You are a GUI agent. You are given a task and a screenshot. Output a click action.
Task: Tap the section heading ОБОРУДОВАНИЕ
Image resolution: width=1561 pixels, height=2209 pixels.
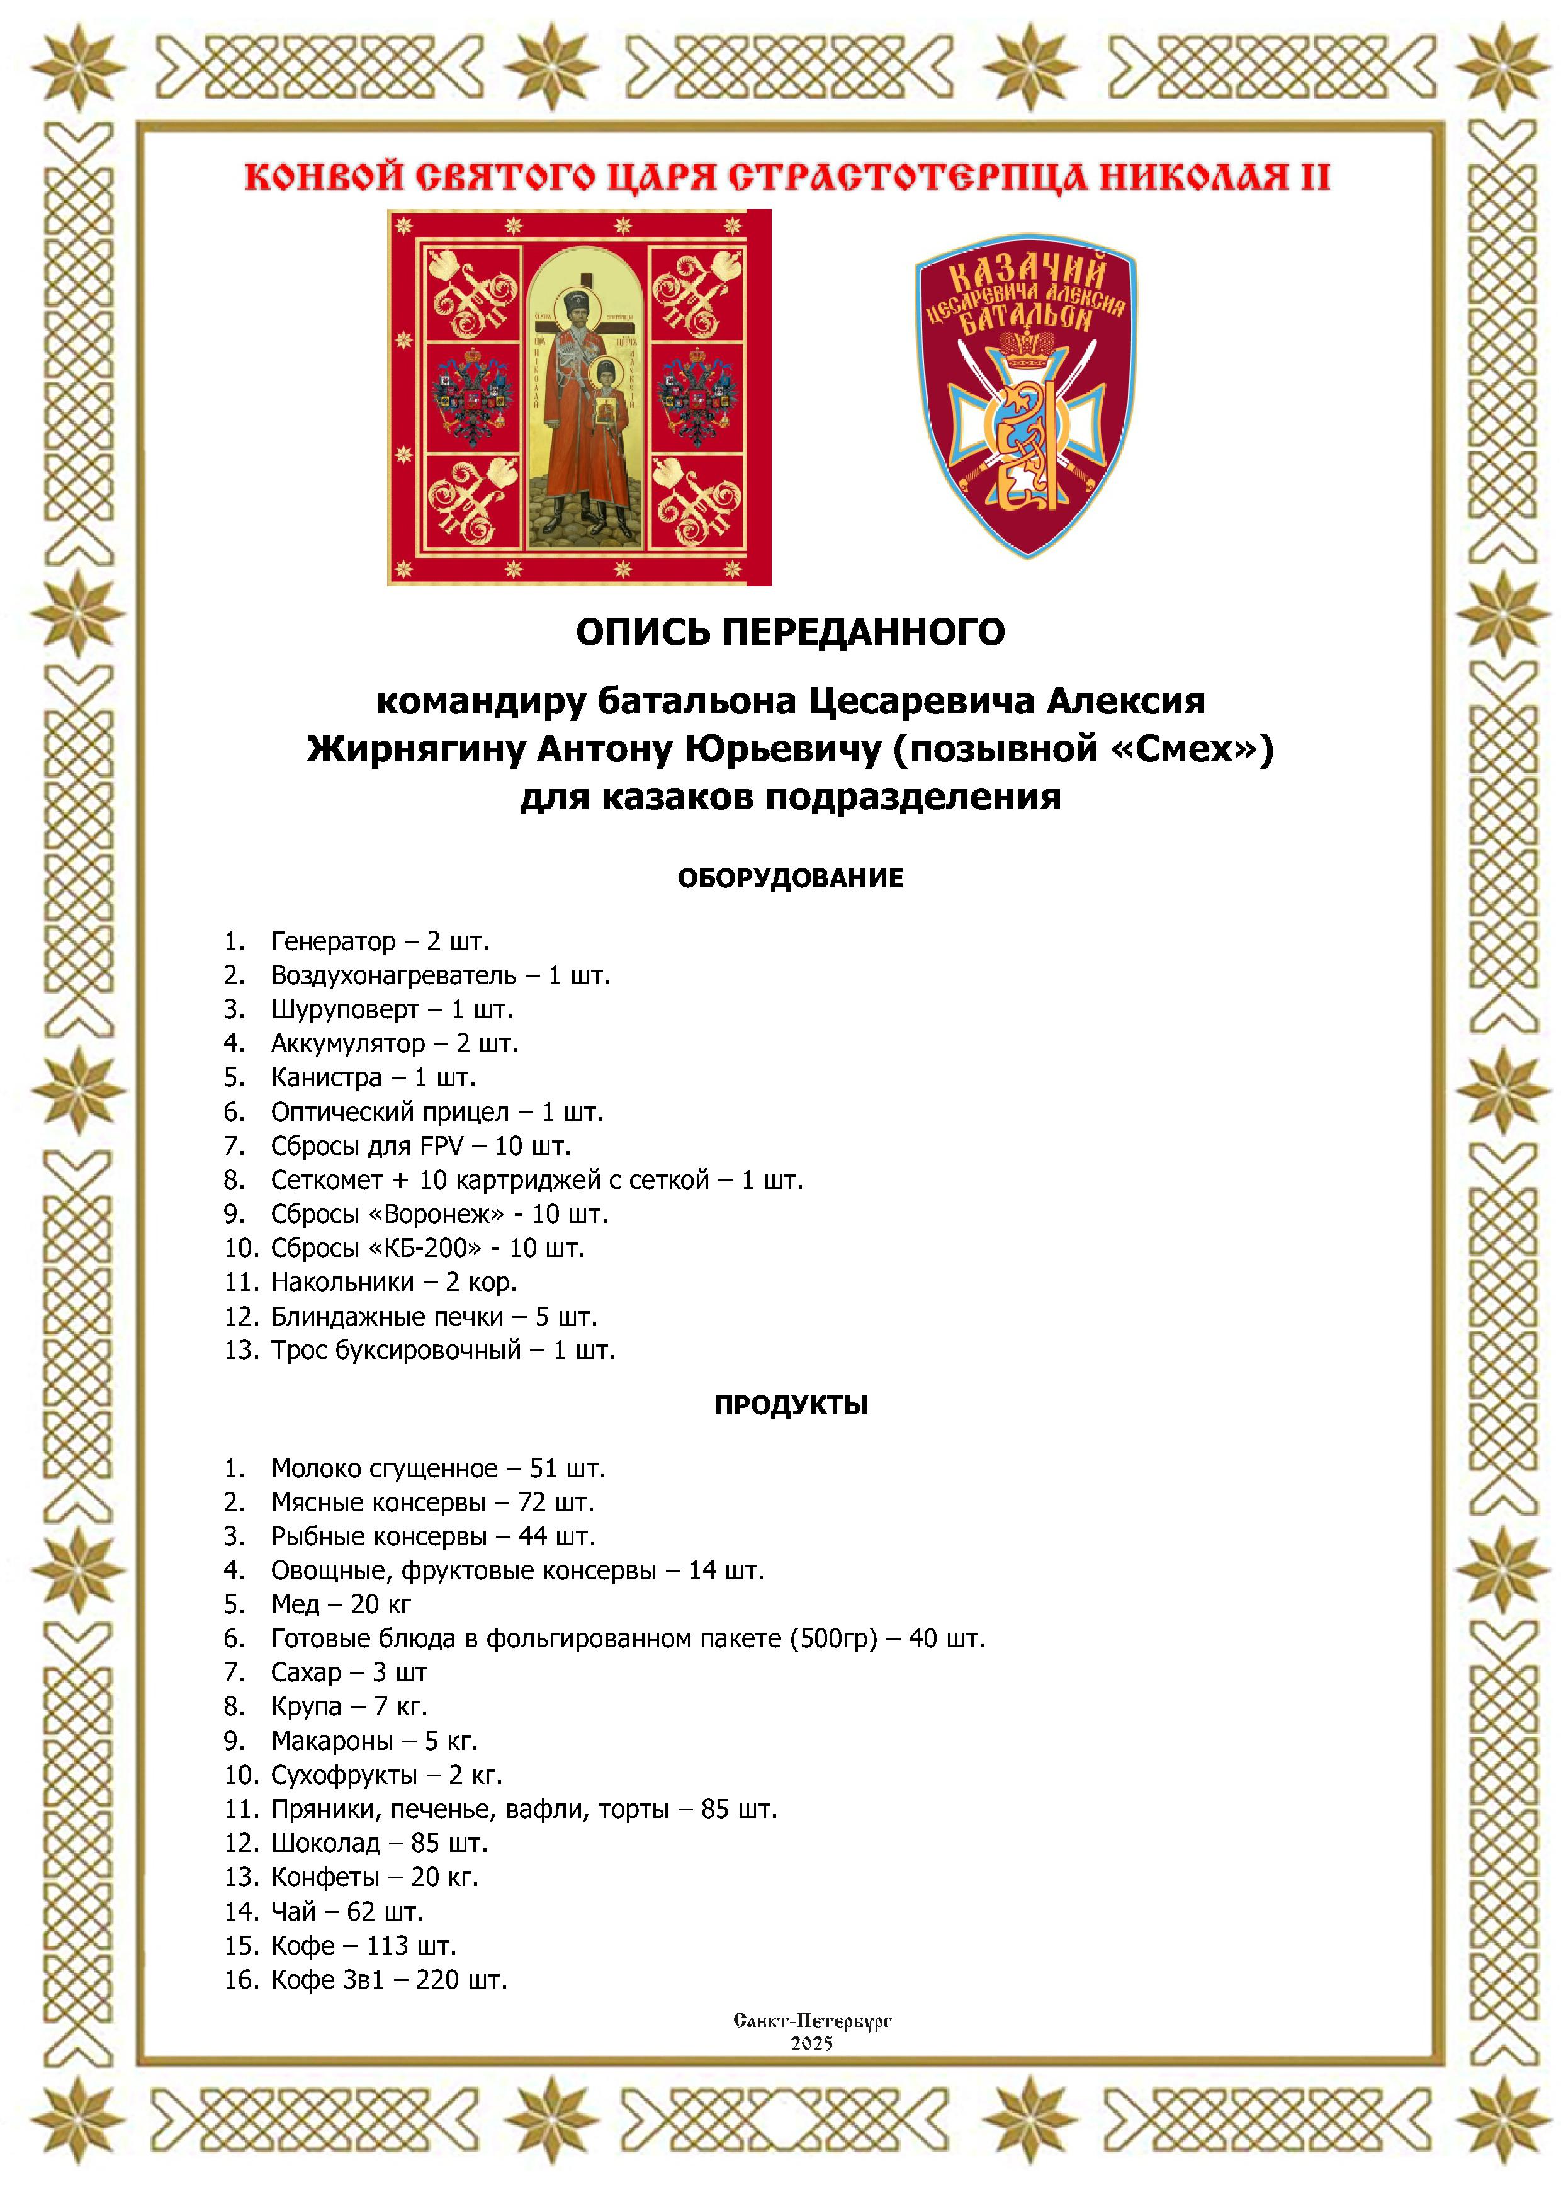(x=790, y=878)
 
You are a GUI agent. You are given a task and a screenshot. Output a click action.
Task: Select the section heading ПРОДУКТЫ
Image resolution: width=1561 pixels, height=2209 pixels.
(x=790, y=1405)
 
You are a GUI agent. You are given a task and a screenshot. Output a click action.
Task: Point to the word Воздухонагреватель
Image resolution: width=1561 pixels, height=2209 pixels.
(x=393, y=975)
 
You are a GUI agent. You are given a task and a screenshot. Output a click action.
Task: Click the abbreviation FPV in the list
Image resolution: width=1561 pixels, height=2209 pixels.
(x=441, y=1146)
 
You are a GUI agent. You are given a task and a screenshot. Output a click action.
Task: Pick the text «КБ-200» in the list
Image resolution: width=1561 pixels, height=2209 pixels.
(x=425, y=1248)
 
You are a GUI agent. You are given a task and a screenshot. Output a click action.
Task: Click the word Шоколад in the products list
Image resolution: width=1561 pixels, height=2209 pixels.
(x=325, y=1843)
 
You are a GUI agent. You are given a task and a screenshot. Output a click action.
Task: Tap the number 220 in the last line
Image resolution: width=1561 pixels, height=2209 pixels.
(x=437, y=1979)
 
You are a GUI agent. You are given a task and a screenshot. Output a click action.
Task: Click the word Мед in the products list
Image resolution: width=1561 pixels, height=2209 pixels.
(x=295, y=1604)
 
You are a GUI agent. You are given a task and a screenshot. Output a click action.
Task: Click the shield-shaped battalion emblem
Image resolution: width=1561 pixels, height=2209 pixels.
(x=1026, y=394)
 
